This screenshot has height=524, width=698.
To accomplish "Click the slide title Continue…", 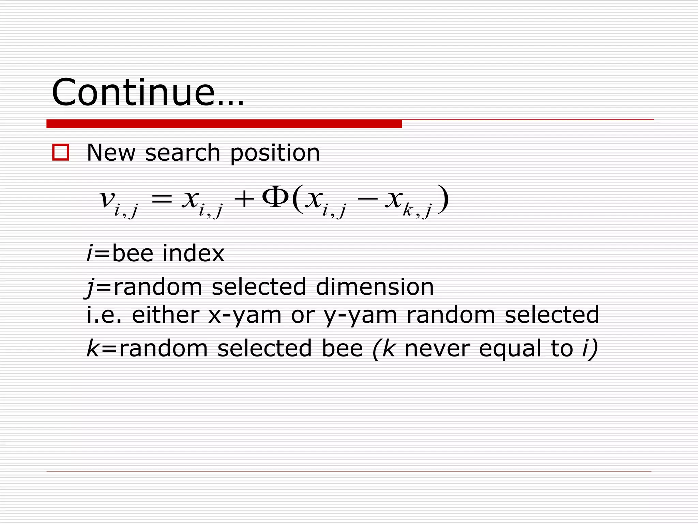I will (148, 93).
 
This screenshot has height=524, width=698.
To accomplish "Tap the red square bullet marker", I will (61, 152).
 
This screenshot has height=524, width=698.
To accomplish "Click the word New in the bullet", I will (111, 152).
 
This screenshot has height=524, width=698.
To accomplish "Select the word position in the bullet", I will (275, 153).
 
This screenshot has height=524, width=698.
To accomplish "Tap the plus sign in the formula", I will (244, 199).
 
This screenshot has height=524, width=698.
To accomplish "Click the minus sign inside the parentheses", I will (368, 199).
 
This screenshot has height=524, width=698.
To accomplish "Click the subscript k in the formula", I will (408, 210).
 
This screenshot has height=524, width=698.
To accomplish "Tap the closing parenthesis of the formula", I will (443, 199).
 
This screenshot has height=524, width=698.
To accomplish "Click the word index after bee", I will (194, 253).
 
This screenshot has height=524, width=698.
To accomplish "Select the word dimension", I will (375, 287).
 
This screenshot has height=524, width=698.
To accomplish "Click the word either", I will (165, 315).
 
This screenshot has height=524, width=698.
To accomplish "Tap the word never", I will (437, 348).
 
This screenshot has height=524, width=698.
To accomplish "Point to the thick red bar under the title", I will (224, 124).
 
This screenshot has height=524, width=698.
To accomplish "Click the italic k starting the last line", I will (93, 348).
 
